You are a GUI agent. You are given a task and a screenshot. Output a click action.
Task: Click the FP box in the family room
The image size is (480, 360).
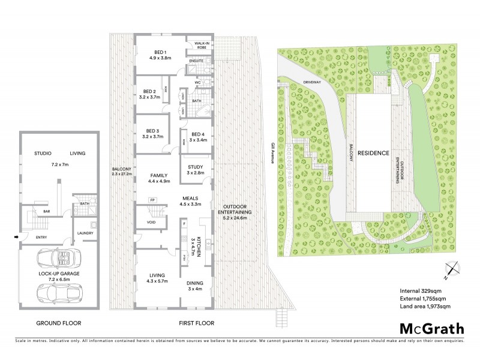tap(153, 199)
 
